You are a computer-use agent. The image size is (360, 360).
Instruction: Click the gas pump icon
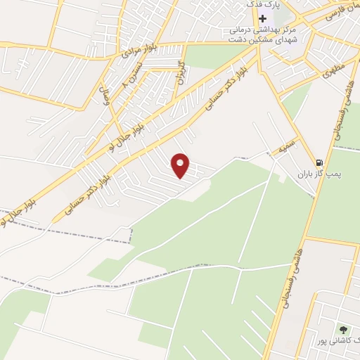(321, 161)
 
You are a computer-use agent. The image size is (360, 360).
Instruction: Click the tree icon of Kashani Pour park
(343, 329)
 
